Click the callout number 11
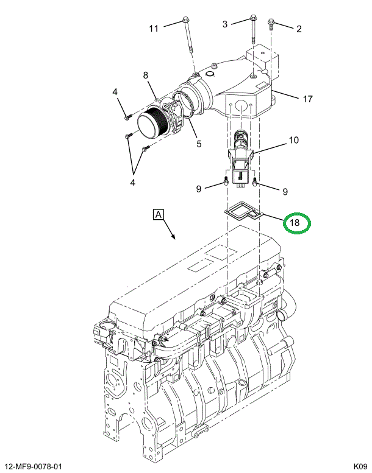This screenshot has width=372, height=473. tap(154, 29)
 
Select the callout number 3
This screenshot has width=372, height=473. tap(225, 24)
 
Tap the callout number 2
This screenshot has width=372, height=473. tap(299, 29)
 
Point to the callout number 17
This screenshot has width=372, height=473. tap(307, 99)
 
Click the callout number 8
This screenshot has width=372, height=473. tap(146, 75)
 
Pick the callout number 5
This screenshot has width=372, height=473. tap(199, 144)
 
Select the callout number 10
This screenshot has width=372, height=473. tap(294, 140)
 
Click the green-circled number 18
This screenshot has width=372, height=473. tap(295, 223)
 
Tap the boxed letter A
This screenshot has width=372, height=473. tap(158, 215)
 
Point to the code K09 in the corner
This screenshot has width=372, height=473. tap(360, 466)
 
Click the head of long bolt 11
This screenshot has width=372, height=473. tap(185, 20)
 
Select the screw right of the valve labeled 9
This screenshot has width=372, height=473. tap(255, 181)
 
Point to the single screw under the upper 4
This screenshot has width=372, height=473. tap(127, 117)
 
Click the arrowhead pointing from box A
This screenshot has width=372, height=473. tap(174, 237)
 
